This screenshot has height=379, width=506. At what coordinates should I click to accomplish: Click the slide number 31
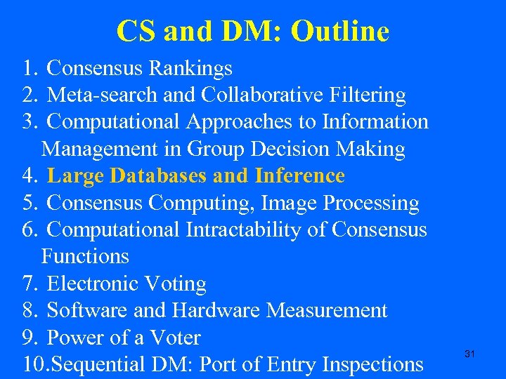[470, 354]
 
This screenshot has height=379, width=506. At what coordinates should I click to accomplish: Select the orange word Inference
[300, 175]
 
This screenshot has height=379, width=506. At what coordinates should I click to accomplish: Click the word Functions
[85, 256]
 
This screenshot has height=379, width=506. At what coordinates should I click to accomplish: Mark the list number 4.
[29, 175]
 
